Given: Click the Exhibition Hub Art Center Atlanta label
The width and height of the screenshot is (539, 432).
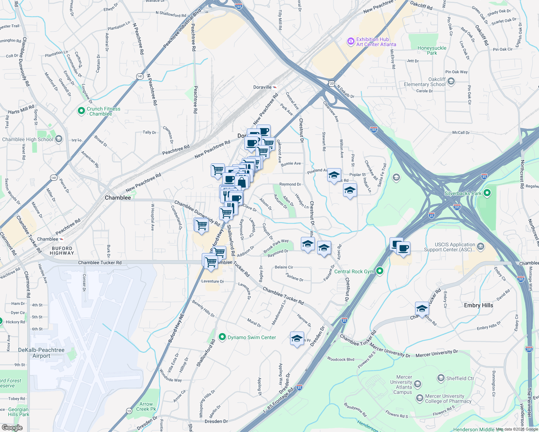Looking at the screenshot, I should point(376,42).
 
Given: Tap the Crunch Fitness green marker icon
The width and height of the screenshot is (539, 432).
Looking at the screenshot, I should point(81,111).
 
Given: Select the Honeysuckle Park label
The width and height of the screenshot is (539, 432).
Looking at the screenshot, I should point(432,50).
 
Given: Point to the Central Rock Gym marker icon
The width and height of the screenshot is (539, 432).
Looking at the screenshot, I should point(379,271).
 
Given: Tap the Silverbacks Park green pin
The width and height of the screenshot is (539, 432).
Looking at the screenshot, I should point(487,193).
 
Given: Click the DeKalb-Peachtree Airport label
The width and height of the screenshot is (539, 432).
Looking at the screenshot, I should point(41,353).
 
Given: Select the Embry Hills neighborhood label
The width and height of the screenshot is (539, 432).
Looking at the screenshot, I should point(478,305).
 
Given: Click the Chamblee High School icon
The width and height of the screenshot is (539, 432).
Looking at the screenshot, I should point(59,139).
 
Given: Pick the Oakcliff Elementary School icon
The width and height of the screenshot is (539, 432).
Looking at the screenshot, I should point(451,82).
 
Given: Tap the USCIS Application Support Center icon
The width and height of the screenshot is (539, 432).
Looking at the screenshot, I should point(481,247).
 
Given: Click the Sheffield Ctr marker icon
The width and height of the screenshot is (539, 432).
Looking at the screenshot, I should point(441,378).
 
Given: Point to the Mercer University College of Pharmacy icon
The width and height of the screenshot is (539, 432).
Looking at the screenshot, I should point(419,398).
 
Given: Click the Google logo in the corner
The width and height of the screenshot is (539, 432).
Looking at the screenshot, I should point(12,427).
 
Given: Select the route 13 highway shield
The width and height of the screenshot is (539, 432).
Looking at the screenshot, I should point(129,411).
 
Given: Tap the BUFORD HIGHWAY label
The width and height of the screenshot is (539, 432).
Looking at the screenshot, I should point(62,251).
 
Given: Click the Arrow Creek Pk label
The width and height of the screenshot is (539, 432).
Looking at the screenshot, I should point(146,406).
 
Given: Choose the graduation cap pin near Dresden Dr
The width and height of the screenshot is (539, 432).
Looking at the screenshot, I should point(297,339).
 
